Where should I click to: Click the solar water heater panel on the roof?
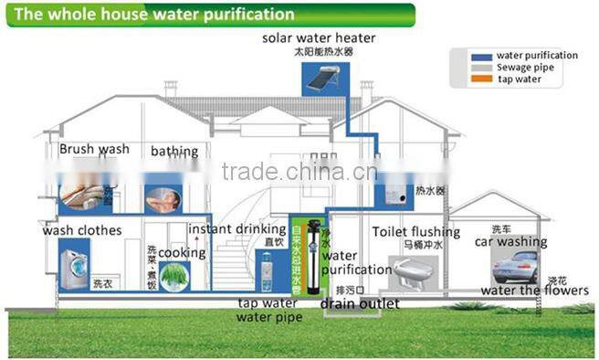tap(322, 80)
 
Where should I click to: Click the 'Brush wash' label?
tap(94, 149)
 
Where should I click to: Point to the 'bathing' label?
tap(173, 151)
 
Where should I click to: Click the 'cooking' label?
tap(182, 252)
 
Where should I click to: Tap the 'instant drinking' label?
tap(235, 228)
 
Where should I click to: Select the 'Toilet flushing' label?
tap(415, 232)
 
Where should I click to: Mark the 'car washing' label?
tap(510, 242)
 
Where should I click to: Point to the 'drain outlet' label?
tap(359, 303)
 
